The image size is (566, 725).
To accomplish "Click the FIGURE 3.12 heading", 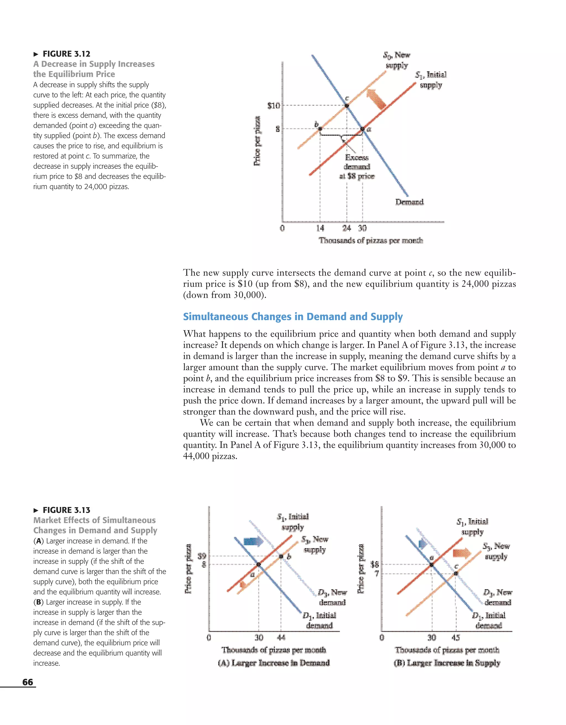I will [66, 54].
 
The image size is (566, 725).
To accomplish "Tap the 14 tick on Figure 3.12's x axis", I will [320, 228].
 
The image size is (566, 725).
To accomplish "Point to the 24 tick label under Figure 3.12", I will [347, 228].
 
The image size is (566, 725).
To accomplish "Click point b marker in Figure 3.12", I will [320, 129].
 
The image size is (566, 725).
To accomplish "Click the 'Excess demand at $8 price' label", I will [357, 167].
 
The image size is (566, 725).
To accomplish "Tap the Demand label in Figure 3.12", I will [409, 202].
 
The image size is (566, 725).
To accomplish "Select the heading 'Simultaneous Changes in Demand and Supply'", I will [293, 316].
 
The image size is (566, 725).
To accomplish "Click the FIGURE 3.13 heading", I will [66, 510].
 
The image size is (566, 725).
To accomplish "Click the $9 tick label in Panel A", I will [202, 556].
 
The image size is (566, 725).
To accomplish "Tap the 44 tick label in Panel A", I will [281, 637].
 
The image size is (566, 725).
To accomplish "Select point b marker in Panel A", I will [281, 556].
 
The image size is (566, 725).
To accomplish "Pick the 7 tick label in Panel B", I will [377, 573].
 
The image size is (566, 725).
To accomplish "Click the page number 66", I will [28, 682].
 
